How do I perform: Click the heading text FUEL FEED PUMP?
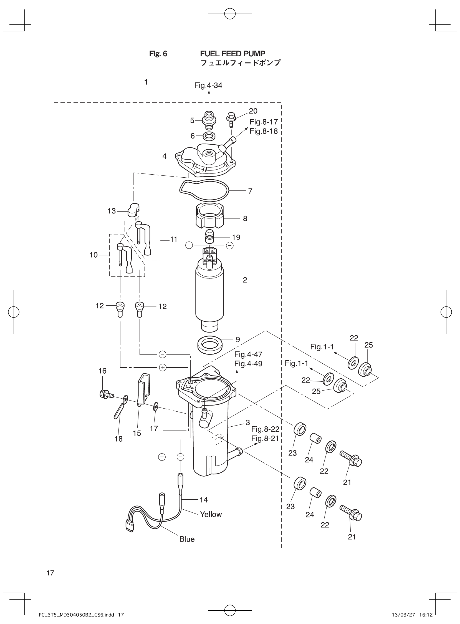pos(232,54)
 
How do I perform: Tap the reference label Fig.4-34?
pos(208,85)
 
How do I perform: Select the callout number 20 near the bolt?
pos(253,111)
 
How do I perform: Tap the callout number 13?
pos(111,211)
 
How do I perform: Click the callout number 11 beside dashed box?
pos(174,239)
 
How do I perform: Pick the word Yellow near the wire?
pos(211,514)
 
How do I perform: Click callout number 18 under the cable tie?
pos(119,439)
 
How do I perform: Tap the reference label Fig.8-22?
pos(265,429)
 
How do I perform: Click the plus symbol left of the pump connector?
pos(189,245)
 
